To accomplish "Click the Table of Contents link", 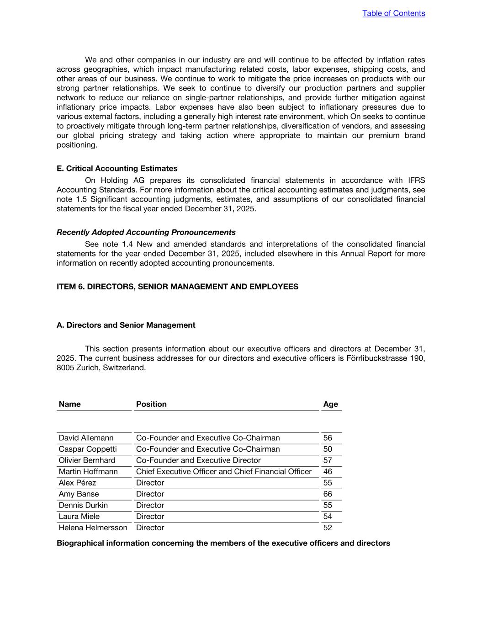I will point(393,13).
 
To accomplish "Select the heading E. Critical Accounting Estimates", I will point(117,168).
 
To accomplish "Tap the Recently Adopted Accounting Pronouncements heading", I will point(146,232).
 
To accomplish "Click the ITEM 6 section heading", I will point(177,287).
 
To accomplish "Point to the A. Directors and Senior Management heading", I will point(126,325).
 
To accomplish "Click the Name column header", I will point(69,404).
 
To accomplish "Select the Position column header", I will point(151,404).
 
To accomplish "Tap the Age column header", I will point(330,404).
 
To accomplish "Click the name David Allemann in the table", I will point(86,438).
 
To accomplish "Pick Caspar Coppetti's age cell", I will point(328,449).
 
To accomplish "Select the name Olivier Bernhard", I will point(87,460).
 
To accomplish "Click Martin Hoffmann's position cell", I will point(223,471).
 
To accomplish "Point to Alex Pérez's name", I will point(77,483).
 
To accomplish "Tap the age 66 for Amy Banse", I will point(328,494).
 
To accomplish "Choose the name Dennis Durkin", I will point(83,505).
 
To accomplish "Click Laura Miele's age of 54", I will point(328,516).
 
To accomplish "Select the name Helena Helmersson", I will point(93,528).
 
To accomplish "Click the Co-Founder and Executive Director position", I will point(198,460).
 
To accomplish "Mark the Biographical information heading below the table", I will point(223,543).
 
